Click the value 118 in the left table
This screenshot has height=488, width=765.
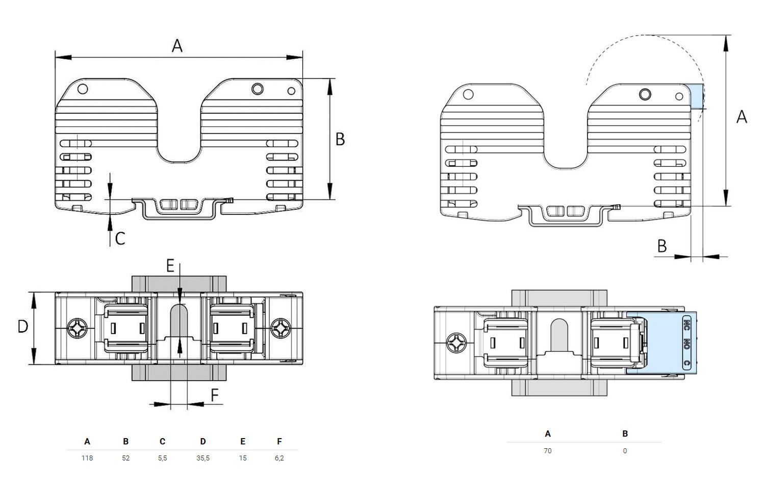click(x=87, y=458)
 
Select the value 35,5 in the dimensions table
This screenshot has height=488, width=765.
click(x=203, y=458)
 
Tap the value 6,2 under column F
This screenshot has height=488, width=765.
click(x=279, y=458)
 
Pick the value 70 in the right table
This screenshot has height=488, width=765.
click(x=547, y=451)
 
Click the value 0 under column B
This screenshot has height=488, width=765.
click(x=625, y=451)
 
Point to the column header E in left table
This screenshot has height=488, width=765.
click(x=243, y=441)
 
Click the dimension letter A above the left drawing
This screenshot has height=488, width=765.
click(x=177, y=46)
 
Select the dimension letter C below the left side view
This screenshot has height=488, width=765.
click(x=120, y=238)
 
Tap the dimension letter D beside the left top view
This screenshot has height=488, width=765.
click(x=23, y=327)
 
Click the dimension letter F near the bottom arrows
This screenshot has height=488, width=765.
click(x=215, y=395)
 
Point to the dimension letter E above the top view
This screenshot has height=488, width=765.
click(x=170, y=265)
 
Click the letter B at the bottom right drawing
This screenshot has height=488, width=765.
click(x=662, y=247)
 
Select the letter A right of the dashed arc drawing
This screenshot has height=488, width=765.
click(x=742, y=117)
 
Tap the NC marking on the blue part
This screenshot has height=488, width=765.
click(x=686, y=323)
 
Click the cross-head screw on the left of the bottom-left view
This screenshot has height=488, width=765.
click(x=77, y=328)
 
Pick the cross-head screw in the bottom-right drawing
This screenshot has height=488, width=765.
click(x=456, y=343)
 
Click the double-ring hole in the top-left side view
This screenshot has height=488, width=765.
click(x=258, y=89)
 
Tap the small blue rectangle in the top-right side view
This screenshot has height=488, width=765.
click(x=697, y=96)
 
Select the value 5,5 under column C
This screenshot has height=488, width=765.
click(x=162, y=458)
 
